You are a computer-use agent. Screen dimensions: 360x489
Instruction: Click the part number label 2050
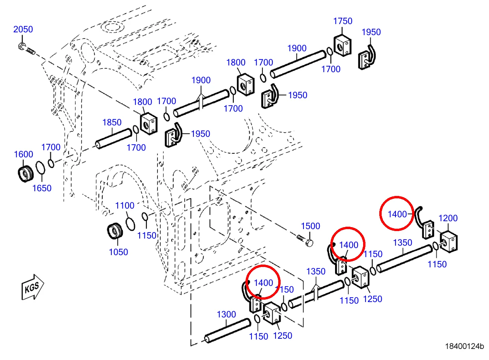[x=23, y=30]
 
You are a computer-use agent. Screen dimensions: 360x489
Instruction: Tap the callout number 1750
[x=343, y=21]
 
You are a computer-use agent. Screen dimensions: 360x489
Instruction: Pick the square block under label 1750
[x=343, y=45]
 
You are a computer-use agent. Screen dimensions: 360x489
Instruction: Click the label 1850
[x=112, y=123]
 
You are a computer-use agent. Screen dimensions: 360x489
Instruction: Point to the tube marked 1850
[x=114, y=139]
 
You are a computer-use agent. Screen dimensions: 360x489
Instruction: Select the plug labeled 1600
[x=26, y=174]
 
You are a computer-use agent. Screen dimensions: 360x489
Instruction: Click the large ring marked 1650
[x=40, y=168]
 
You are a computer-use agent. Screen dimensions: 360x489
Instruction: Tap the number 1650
[x=42, y=188]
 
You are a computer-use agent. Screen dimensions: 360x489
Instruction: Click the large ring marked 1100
[x=130, y=223]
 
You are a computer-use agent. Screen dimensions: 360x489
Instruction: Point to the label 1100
[x=125, y=205]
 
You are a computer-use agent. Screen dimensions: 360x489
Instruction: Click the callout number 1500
[x=310, y=226]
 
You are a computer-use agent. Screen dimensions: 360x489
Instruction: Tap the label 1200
[x=448, y=218]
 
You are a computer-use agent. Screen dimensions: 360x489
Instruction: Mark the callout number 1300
[x=226, y=314]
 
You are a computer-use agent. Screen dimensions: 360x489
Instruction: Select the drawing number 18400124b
[x=464, y=347]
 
